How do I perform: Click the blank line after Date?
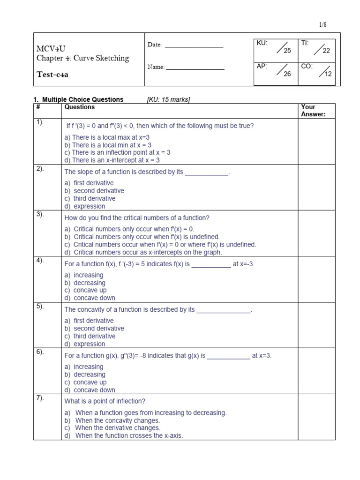click(x=194, y=46)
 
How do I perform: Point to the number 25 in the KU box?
click(x=287, y=51)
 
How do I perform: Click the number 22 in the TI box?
click(x=326, y=51)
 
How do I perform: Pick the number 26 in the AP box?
click(x=287, y=74)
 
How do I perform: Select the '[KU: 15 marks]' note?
click(x=169, y=99)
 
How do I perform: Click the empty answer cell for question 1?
click(x=316, y=142)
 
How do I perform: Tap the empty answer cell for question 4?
click(x=316, y=279)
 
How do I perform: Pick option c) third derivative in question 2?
click(x=90, y=199)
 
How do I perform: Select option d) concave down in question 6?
click(x=90, y=390)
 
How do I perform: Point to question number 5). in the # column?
click(x=40, y=306)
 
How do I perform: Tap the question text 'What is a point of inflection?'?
click(x=105, y=401)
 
